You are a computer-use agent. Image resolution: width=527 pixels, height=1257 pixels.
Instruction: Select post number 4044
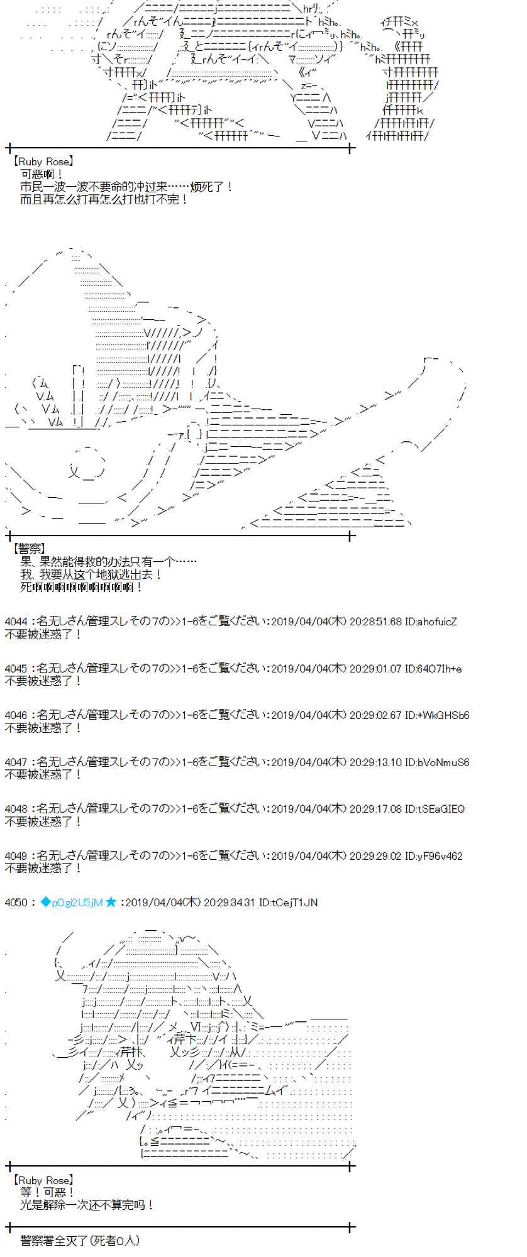(x=16, y=622)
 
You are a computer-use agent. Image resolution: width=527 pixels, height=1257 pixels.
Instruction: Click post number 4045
(x=16, y=669)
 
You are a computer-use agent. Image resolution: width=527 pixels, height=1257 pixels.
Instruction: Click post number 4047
(x=16, y=762)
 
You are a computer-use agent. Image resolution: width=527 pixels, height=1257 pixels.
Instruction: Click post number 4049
(x=16, y=856)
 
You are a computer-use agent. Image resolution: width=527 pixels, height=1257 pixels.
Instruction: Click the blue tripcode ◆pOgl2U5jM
(x=71, y=903)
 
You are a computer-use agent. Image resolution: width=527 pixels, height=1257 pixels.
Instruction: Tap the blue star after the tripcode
(x=111, y=903)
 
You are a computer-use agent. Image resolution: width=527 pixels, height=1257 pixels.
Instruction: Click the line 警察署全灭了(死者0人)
(x=80, y=1241)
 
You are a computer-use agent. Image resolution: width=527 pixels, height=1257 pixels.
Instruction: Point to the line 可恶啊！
(x=42, y=174)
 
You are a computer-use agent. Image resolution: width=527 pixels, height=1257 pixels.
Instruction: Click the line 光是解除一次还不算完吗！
(x=87, y=1205)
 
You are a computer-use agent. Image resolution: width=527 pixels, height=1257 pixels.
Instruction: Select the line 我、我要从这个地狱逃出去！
(x=91, y=574)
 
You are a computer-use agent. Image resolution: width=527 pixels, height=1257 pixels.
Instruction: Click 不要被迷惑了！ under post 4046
(x=43, y=728)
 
